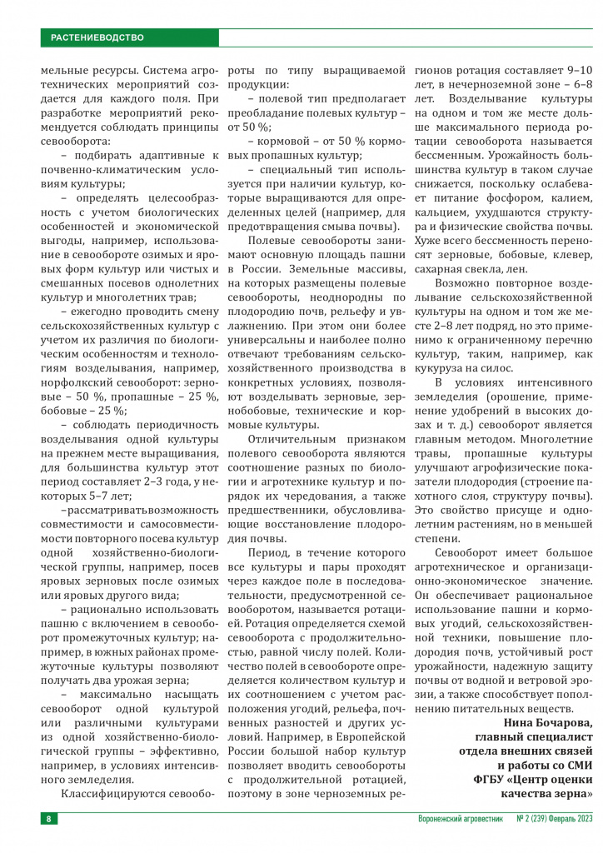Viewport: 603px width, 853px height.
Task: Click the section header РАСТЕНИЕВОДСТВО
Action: [97, 37]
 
